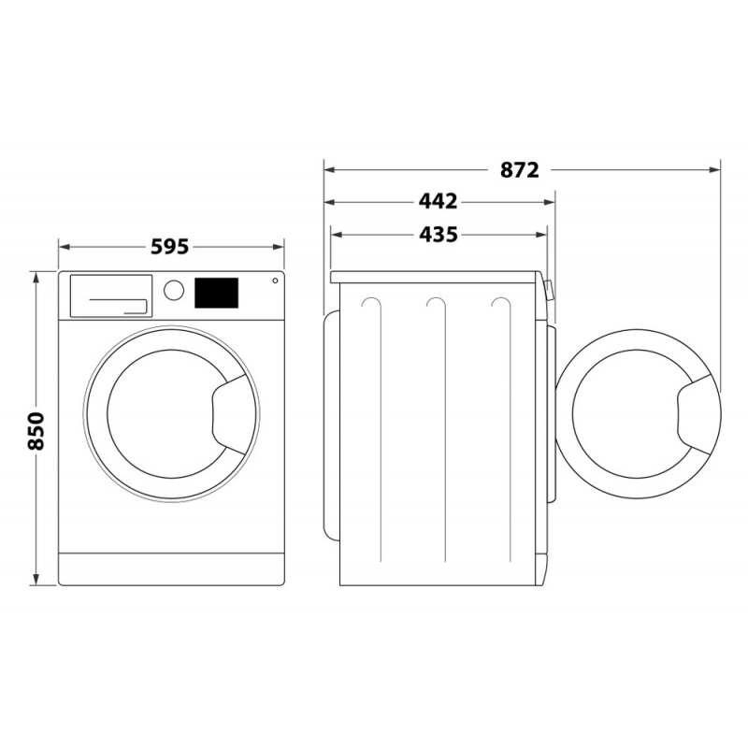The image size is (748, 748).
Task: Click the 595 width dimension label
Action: tap(170, 247)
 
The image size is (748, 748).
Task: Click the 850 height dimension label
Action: tap(36, 429)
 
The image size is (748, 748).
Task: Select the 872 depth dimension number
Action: tap(520, 170)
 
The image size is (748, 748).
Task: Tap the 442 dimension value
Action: tap(438, 202)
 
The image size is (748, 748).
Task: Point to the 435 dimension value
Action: tap(438, 235)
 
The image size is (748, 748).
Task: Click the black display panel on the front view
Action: tap(216, 293)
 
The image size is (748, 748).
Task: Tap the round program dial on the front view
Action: tap(174, 290)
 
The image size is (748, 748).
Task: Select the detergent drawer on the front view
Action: tap(110, 295)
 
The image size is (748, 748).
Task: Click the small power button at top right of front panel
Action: tap(275, 280)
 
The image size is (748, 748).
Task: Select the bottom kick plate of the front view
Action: tap(171, 568)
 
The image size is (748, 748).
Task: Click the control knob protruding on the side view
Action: tap(548, 290)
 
